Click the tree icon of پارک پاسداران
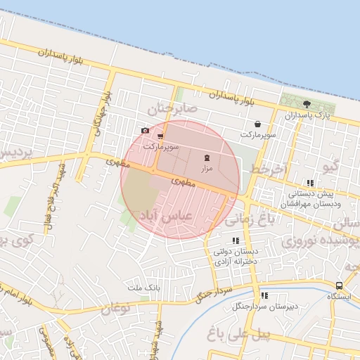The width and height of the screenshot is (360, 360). (307, 104)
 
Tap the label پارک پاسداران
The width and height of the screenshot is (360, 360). (307, 114)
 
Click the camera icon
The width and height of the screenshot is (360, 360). (145, 130)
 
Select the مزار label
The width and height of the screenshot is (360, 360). (207, 169)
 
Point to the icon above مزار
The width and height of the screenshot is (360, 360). (207, 158)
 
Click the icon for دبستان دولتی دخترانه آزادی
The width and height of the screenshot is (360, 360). (236, 241)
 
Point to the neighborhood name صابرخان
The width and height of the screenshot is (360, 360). (169, 108)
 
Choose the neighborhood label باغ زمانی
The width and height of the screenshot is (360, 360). (269, 220)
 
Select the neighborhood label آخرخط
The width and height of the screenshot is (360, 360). (268, 169)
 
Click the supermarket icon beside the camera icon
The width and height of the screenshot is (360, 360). (160, 136)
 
